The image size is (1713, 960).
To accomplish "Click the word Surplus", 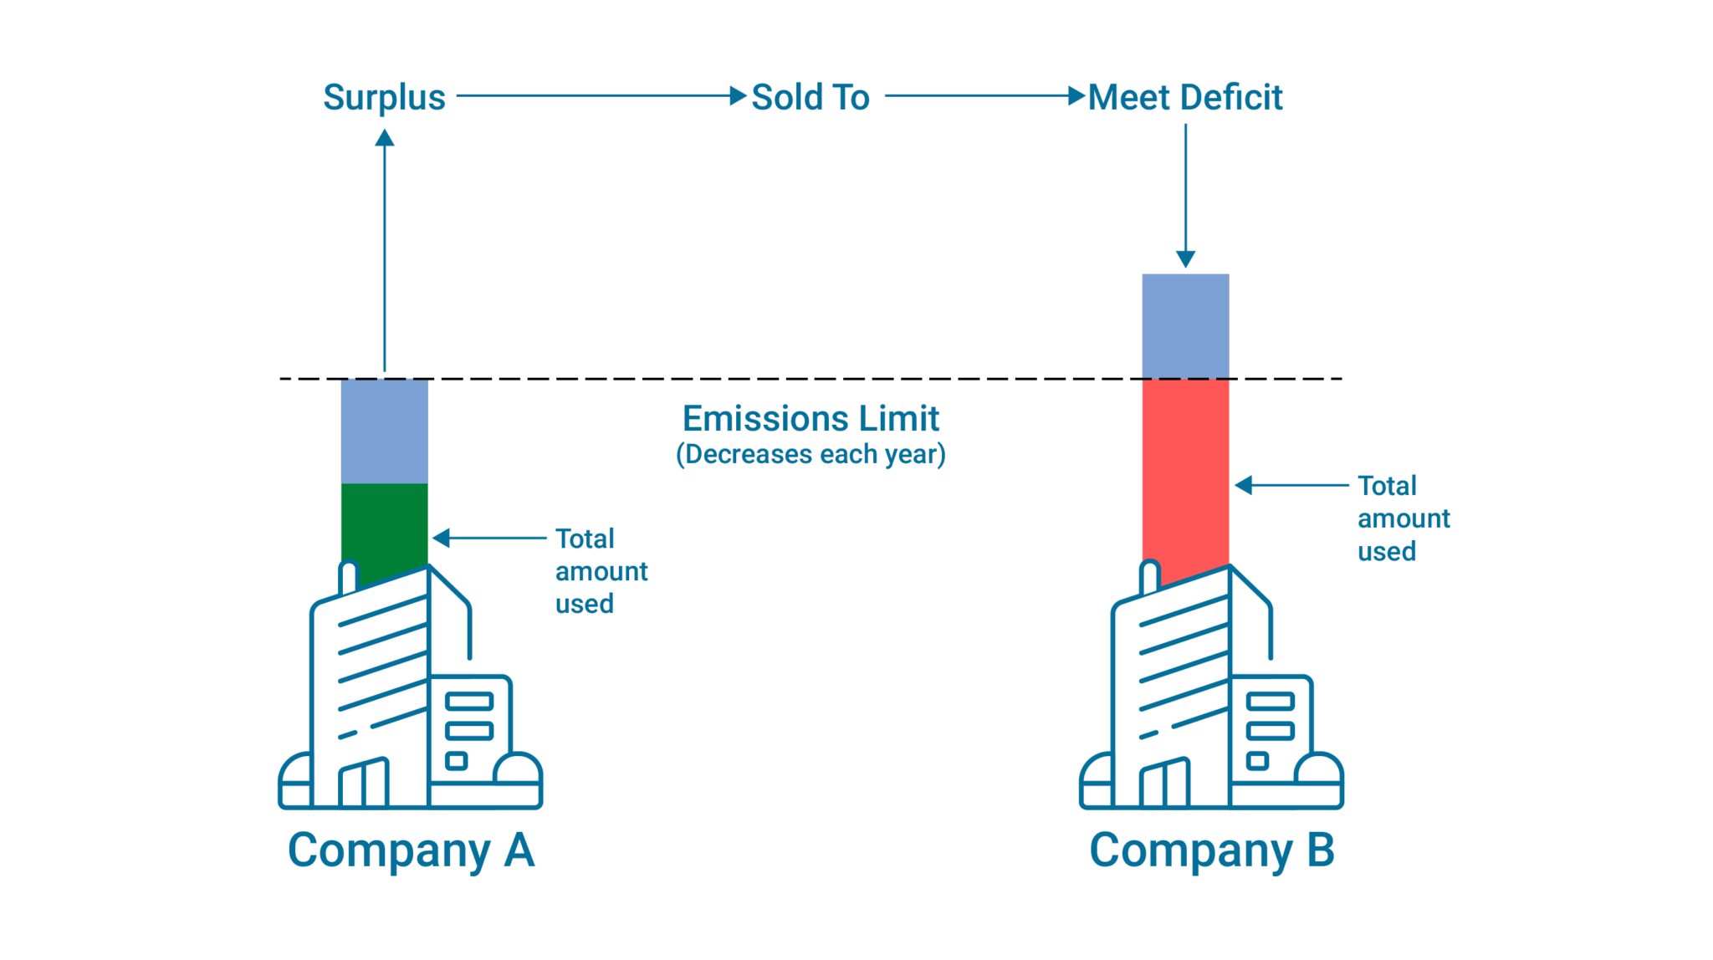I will pos(384,97).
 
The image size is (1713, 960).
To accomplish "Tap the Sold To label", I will pos(810,97).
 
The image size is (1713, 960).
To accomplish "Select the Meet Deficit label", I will pos(1184,97).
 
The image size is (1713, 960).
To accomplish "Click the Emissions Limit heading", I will pos(810,418).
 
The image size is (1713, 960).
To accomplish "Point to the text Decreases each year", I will pos(810,454).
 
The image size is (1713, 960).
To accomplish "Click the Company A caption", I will pos(411,850).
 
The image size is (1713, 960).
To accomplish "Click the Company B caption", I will pos(1211,850).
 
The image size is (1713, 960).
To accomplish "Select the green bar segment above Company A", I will pos(384,523).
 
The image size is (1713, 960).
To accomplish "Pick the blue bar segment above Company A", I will pos(384,431).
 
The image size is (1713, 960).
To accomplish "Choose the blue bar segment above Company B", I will pos(1185,325).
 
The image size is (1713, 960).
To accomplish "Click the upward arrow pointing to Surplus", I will pos(384,251).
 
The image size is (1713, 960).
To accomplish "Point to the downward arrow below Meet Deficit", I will pos(1185,197).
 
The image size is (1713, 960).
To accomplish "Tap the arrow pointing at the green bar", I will pos(489,538).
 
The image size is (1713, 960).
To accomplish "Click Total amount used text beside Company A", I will pos(601,571).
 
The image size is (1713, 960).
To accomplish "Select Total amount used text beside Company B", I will pos(1403,518).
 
